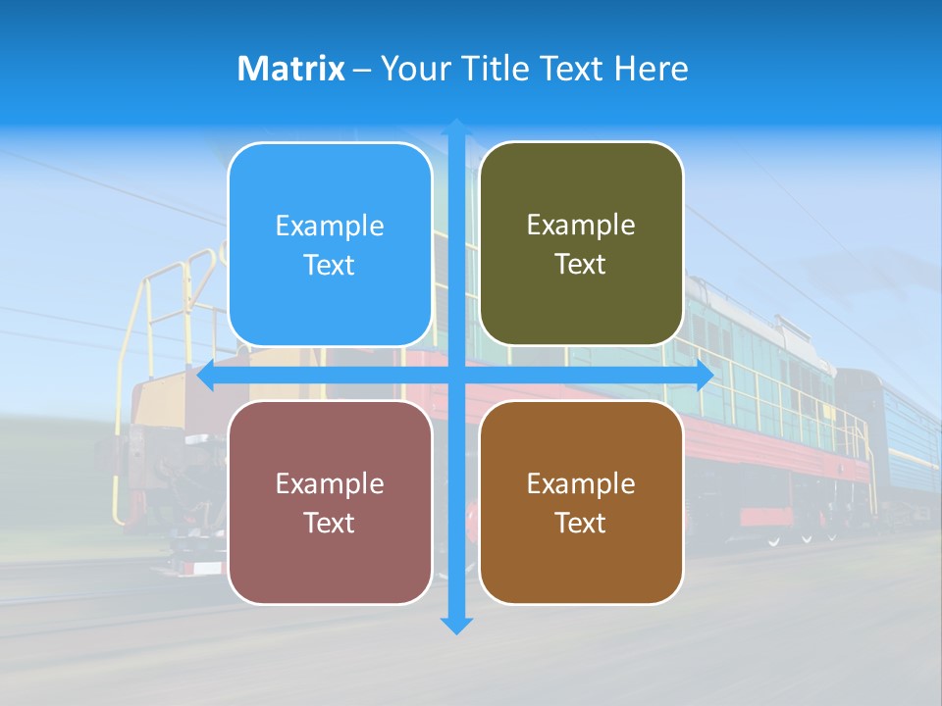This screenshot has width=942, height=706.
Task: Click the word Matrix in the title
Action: [x=291, y=69]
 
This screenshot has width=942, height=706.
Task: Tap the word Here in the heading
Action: [x=651, y=69]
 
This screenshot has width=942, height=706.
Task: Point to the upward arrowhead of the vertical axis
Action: [x=456, y=127]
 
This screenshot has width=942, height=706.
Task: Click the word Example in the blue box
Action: [x=330, y=227]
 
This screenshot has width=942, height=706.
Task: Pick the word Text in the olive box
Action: [x=581, y=265]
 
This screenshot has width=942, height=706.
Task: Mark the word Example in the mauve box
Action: [x=330, y=484]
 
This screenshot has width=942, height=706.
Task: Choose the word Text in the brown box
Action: [x=581, y=523]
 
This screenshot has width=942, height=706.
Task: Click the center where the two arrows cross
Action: [x=456, y=376]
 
